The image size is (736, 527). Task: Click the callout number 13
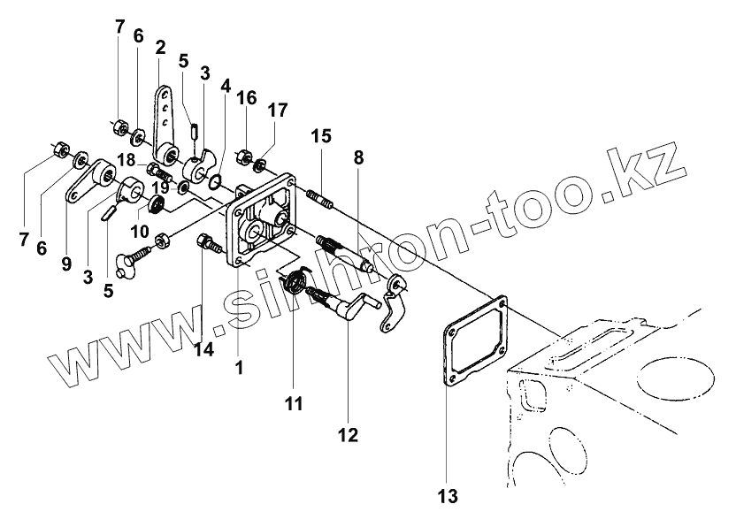pyautogui.click(x=448, y=495)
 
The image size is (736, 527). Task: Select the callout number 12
pyautogui.click(x=347, y=434)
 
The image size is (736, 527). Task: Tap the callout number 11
pyautogui.click(x=294, y=403)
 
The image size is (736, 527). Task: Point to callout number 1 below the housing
pyautogui.click(x=237, y=365)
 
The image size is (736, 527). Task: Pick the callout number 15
pyautogui.click(x=320, y=136)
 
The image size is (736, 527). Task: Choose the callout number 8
pyautogui.click(x=358, y=158)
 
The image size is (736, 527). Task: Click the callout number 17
pyautogui.click(x=278, y=111)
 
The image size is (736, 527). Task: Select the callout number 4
pyautogui.click(x=226, y=87)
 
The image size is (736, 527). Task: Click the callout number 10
pyautogui.click(x=140, y=232)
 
